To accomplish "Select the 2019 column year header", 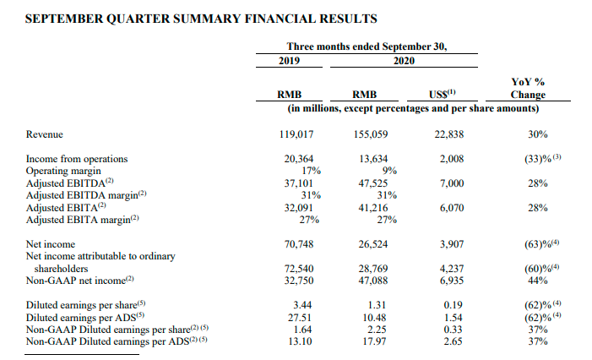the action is click(x=289, y=61).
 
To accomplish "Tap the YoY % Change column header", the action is click(x=528, y=88).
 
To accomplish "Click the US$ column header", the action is click(x=443, y=94).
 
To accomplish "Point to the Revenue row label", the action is click(x=44, y=134).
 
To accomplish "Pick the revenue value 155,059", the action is click(x=371, y=134).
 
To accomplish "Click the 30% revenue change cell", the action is click(x=538, y=134).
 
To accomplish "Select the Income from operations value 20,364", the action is click(x=299, y=159).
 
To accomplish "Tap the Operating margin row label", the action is click(x=63, y=171).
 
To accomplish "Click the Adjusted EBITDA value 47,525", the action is click(x=373, y=183).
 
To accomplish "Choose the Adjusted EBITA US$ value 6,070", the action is click(x=452, y=208).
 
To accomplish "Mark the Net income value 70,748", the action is click(x=299, y=244).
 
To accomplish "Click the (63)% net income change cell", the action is click(x=542, y=244).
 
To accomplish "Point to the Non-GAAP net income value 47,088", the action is click(x=373, y=281).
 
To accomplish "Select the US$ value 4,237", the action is click(x=452, y=269).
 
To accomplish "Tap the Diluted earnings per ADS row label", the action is click(x=85, y=317).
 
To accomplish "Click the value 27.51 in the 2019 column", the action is click(x=300, y=317).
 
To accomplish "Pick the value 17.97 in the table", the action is click(x=374, y=341).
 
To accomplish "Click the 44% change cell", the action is click(x=538, y=281).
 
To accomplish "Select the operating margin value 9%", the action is click(x=389, y=171).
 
